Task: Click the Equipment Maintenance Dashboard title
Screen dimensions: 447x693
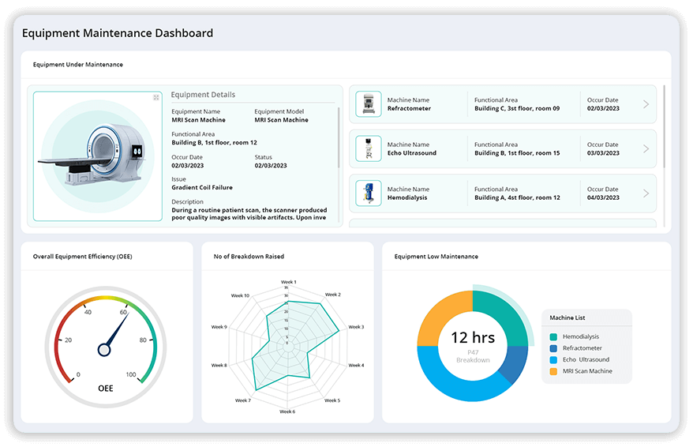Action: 118,33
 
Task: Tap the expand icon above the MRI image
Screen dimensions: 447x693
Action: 156,97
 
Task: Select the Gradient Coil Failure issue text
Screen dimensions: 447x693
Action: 202,188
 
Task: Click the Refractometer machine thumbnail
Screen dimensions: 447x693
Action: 368,104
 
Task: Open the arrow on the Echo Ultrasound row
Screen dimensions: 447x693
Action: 646,149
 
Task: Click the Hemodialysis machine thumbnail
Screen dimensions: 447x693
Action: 368,193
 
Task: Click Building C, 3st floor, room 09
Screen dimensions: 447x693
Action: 517,108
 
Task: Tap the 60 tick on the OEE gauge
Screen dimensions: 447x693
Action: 124,313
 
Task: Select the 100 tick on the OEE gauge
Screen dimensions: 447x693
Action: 131,374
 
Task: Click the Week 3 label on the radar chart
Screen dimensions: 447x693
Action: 356,327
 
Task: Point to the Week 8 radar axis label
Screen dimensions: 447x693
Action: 219,366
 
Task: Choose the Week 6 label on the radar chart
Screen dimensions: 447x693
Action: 288,411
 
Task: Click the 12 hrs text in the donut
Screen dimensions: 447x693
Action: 473,338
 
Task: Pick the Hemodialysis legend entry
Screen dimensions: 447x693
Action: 580,336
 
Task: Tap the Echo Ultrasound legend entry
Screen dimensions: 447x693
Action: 585,359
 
